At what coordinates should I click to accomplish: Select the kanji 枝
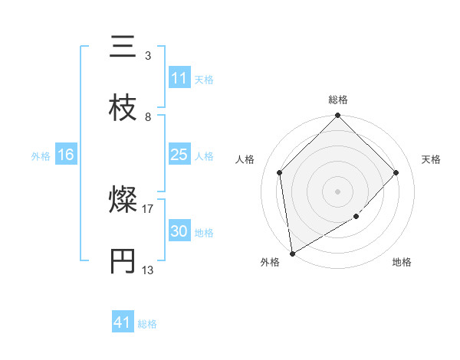[x=123, y=106]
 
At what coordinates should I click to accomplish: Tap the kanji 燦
[x=123, y=201]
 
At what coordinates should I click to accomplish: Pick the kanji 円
[x=123, y=260]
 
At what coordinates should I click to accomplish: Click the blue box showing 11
[x=179, y=78]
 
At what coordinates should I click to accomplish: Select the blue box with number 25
[x=179, y=155]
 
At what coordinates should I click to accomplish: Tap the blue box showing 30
[x=179, y=231]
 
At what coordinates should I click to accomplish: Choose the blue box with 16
[x=66, y=155]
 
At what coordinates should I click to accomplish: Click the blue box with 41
[x=123, y=323]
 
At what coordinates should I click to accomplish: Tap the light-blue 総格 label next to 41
[x=147, y=324]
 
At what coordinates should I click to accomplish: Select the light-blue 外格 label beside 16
[x=41, y=155]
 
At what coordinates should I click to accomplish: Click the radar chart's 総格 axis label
[x=338, y=100]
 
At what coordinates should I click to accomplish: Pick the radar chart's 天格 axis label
[x=432, y=159]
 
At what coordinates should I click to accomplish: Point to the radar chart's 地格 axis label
[x=402, y=262]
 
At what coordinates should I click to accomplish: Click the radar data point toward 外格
[x=292, y=254]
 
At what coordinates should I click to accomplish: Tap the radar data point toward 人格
[x=280, y=172]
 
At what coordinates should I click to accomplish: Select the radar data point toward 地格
[x=356, y=217]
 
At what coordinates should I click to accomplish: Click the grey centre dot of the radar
[x=338, y=191]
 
